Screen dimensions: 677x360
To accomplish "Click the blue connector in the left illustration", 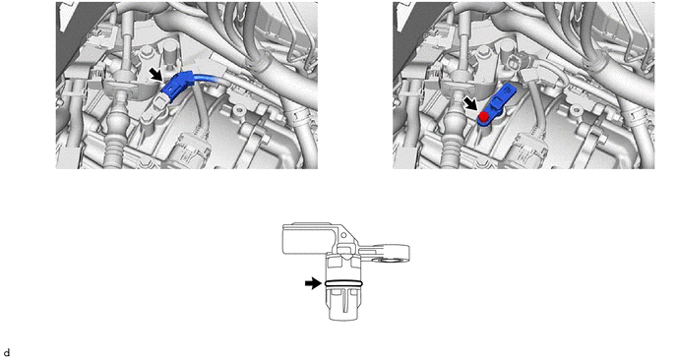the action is (x=177, y=87).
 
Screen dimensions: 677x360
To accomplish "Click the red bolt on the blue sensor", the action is (x=483, y=116).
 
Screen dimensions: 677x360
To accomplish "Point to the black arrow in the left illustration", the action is (x=155, y=74).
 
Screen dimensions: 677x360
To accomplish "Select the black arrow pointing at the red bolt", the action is (x=469, y=103).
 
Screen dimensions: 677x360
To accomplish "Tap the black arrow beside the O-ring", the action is (x=313, y=283).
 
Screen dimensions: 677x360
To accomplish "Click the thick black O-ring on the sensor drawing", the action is (x=343, y=283).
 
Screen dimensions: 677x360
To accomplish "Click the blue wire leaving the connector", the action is (x=208, y=78).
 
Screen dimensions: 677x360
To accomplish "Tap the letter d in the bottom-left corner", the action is (x=6, y=353).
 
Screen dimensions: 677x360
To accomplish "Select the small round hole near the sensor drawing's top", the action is (x=343, y=235).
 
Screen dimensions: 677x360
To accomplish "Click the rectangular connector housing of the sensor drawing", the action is (x=307, y=239).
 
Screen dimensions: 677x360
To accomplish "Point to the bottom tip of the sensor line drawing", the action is (x=343, y=320).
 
